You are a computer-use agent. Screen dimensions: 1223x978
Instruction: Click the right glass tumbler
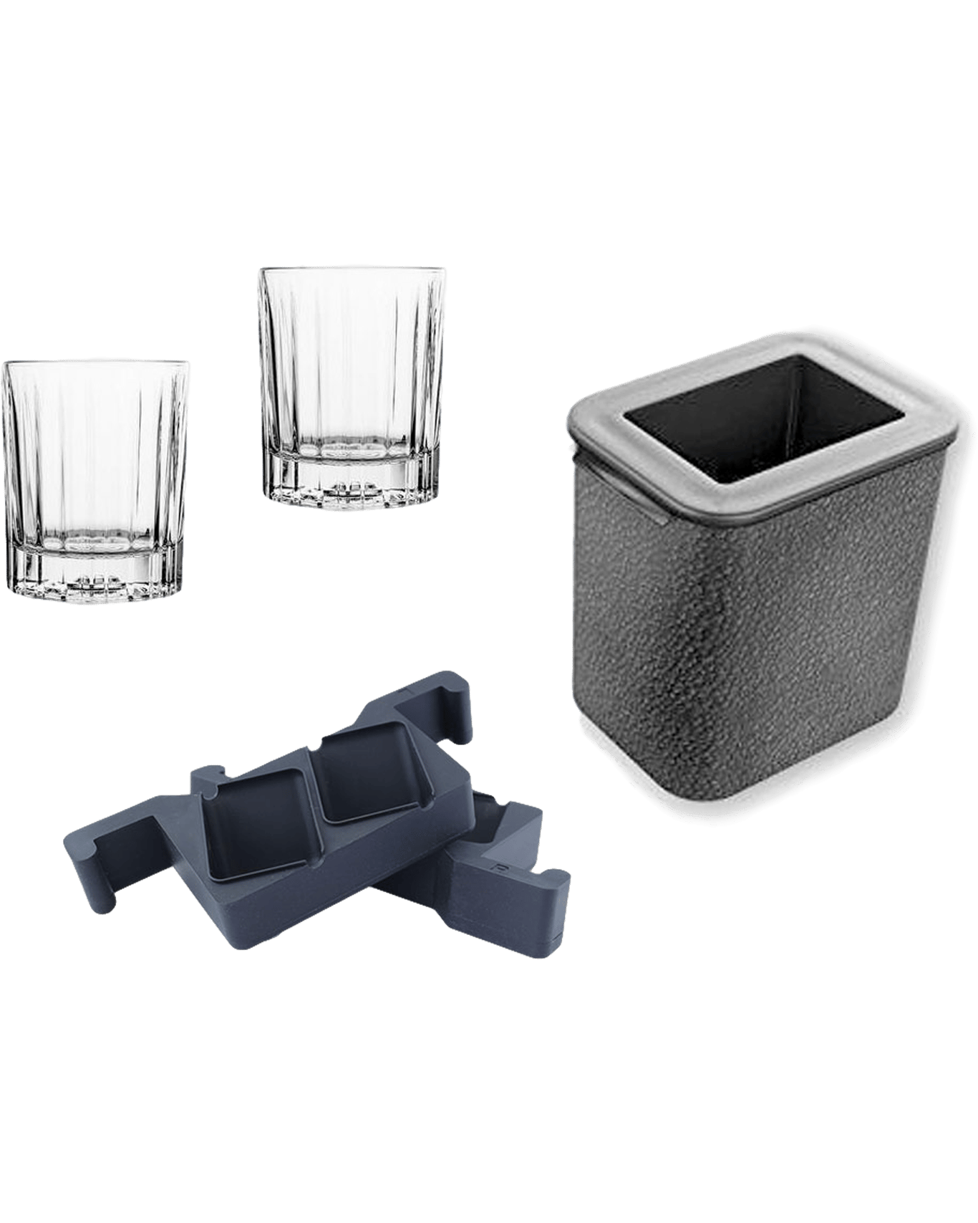pyautogui.click(x=352, y=383)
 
